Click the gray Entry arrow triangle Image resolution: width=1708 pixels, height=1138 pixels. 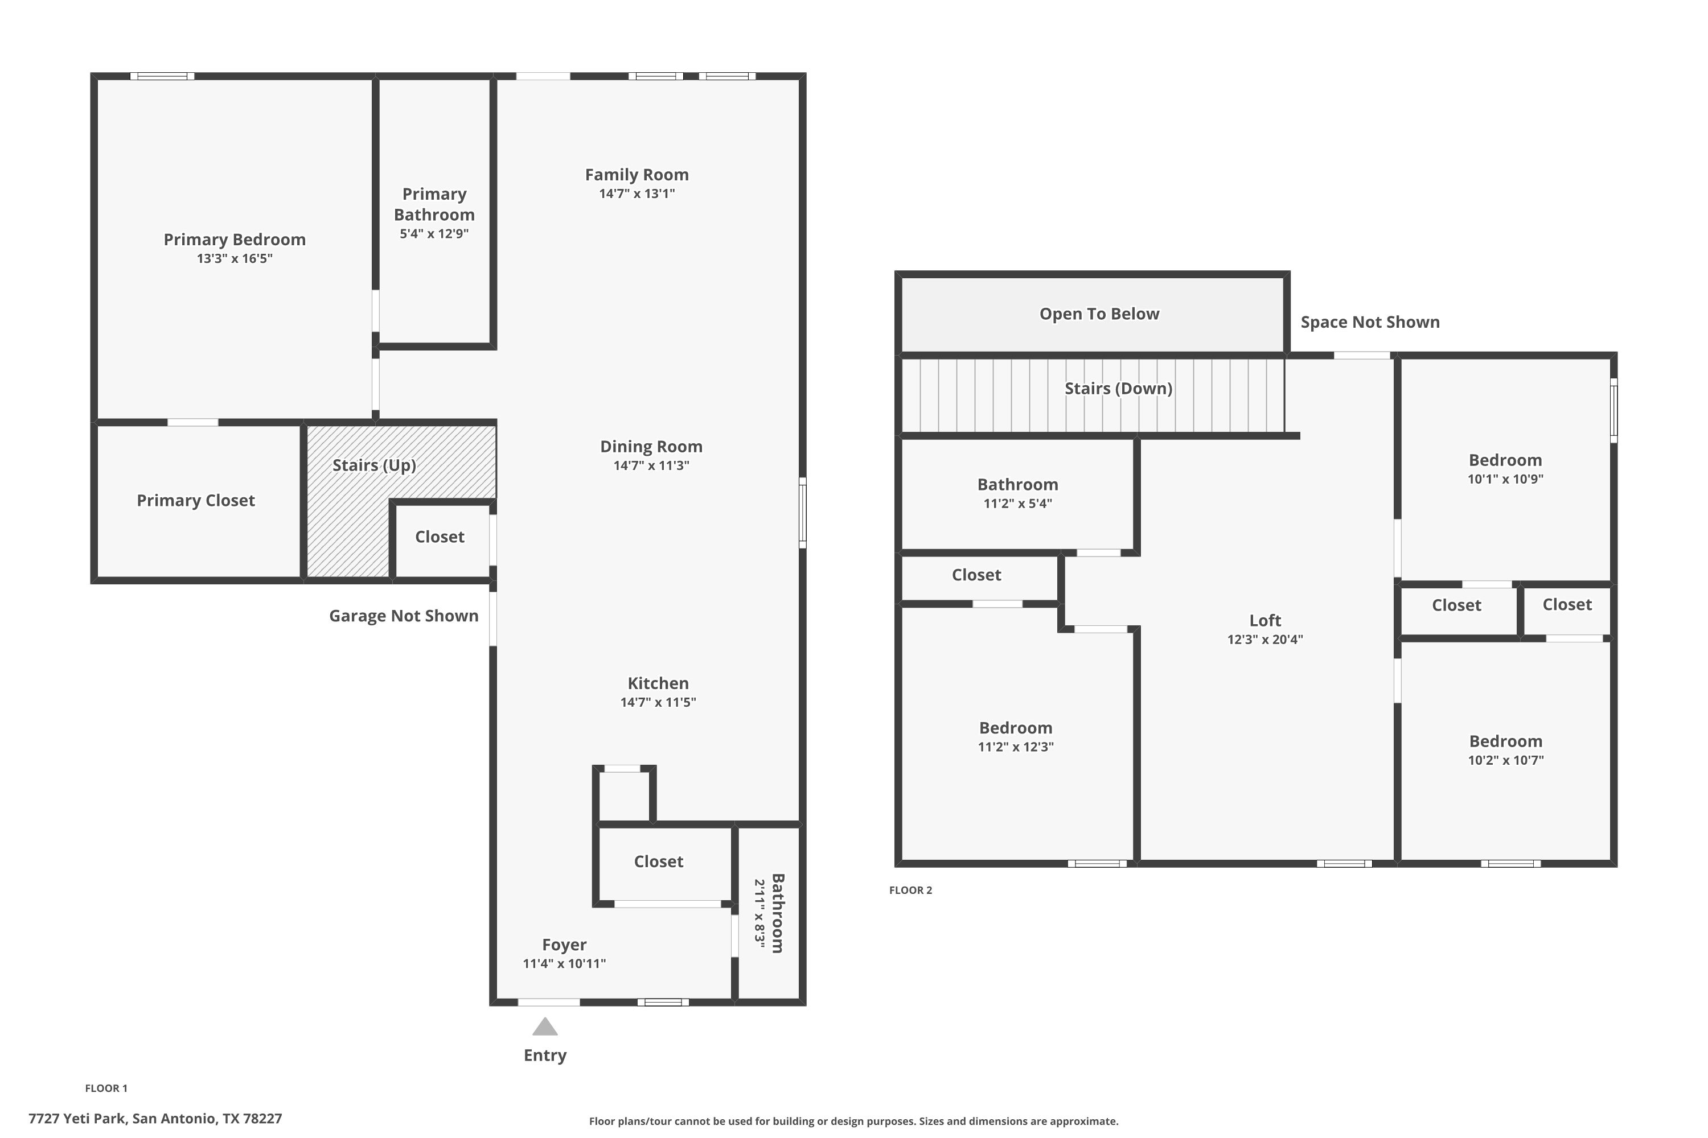pyautogui.click(x=545, y=1026)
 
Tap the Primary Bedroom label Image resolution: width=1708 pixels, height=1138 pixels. pyautogui.click(x=235, y=240)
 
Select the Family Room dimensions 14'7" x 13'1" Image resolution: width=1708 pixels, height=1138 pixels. pyautogui.click(x=637, y=194)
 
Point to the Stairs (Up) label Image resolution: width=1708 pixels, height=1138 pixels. pyautogui.click(x=374, y=465)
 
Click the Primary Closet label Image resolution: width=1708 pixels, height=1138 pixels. pyautogui.click(x=196, y=500)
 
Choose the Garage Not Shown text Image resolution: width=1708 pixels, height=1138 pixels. pyautogui.click(x=404, y=616)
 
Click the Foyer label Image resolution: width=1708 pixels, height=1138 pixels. pyautogui.click(x=564, y=945)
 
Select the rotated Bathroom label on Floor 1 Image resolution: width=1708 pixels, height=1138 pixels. pyautogui.click(x=777, y=913)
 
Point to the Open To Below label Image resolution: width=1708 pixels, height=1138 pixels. pyautogui.click(x=1099, y=314)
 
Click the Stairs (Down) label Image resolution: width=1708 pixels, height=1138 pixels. pyautogui.click(x=1118, y=388)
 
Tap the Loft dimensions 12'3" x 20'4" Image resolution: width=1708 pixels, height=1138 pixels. pyautogui.click(x=1265, y=640)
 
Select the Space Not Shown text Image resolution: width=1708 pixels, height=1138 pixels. pyautogui.click(x=1370, y=322)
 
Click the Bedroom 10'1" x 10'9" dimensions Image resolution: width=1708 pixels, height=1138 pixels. pyautogui.click(x=1505, y=479)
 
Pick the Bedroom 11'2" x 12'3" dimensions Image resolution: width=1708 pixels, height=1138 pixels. pyautogui.click(x=1016, y=747)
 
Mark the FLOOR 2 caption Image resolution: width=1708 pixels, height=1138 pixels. pyautogui.click(x=910, y=890)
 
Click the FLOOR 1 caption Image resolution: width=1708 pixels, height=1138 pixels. pyautogui.click(x=106, y=1088)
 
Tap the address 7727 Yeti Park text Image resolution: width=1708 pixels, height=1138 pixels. pyautogui.click(x=77, y=1119)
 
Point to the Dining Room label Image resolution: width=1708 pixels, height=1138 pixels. pyautogui.click(x=651, y=446)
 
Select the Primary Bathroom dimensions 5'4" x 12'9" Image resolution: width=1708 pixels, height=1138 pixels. pyautogui.click(x=434, y=234)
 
